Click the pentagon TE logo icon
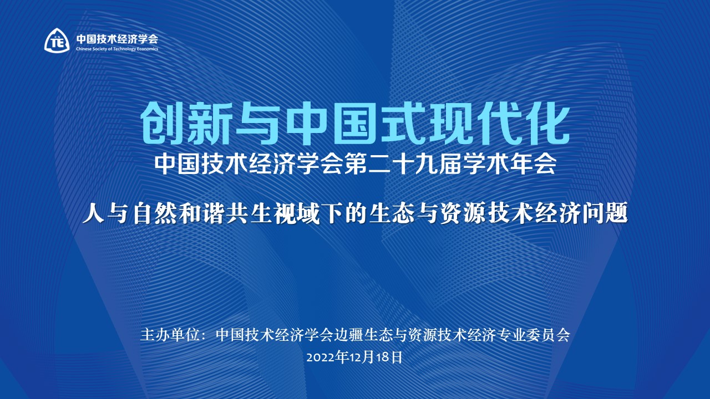(57, 40)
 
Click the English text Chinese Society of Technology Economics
(117, 49)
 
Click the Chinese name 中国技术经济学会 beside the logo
(117, 39)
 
